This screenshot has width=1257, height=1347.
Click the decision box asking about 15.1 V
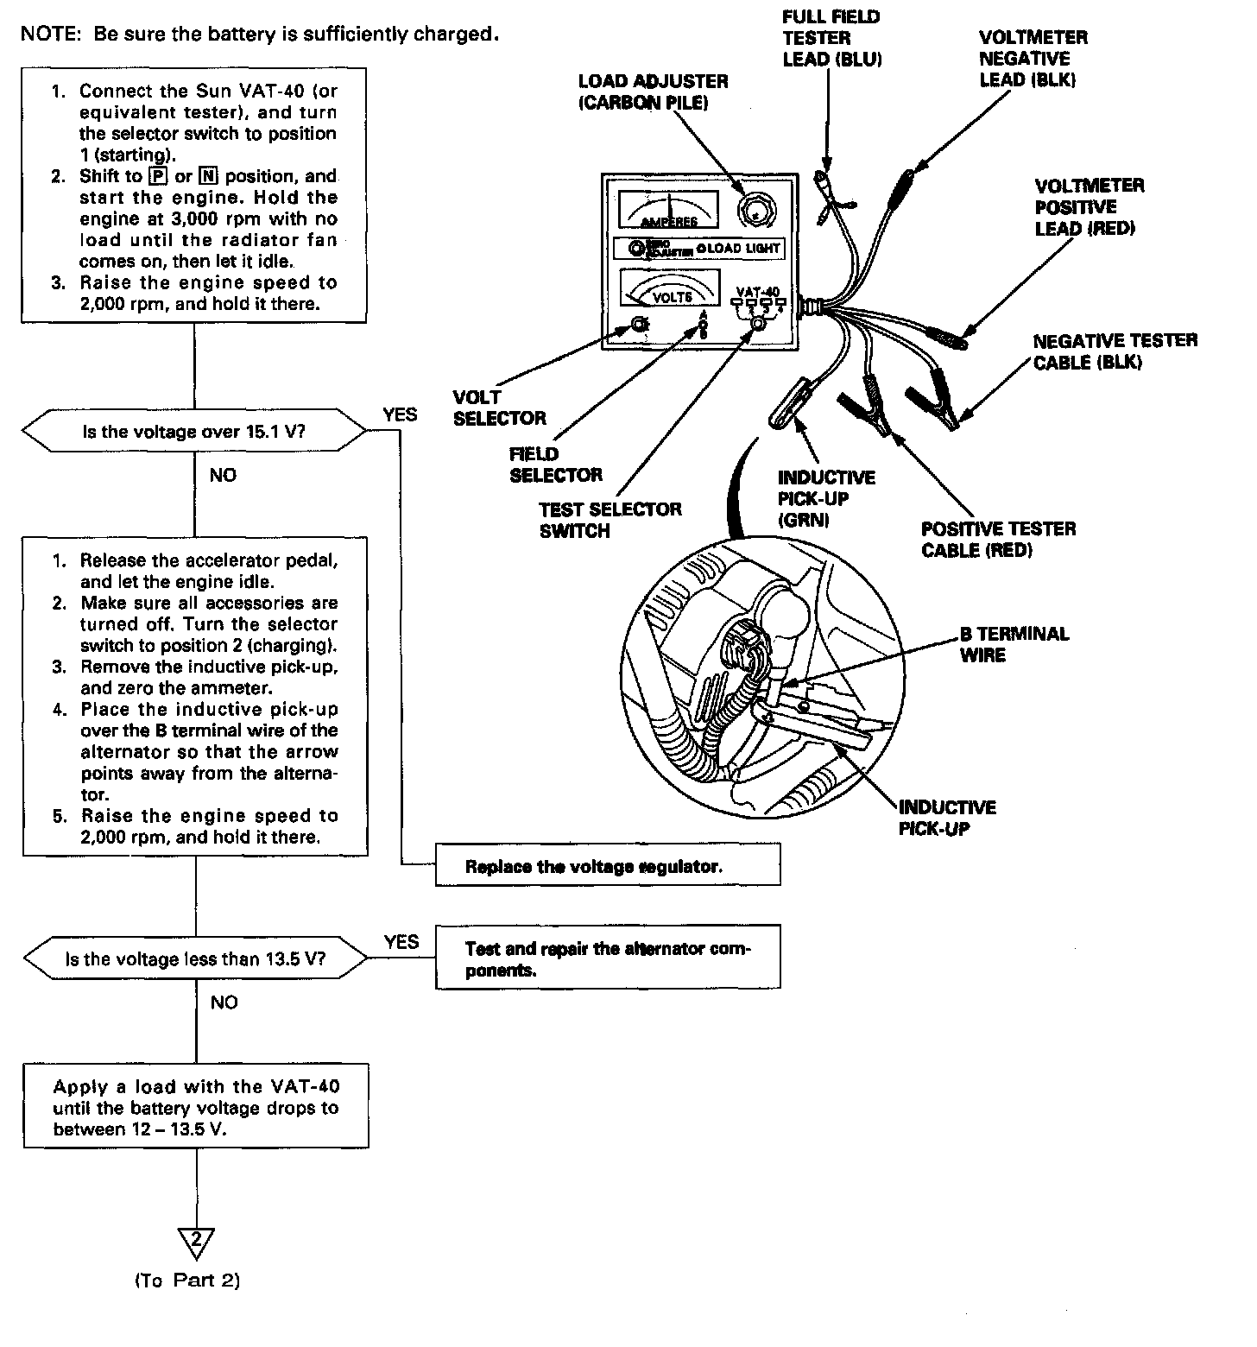tap(195, 431)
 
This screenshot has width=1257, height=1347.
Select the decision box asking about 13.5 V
tap(195, 958)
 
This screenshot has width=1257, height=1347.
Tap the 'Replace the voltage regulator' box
tap(607, 866)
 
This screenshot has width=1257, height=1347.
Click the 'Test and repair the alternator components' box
tap(607, 958)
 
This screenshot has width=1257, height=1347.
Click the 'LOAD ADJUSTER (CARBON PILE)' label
tap(653, 92)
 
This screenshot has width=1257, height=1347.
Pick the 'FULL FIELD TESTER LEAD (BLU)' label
tap(831, 38)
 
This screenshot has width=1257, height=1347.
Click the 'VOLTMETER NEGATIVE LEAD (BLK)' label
tap(1033, 59)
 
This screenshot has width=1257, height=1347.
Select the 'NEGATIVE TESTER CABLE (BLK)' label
tap(1115, 351)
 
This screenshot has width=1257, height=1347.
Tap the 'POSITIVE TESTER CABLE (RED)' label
tap(998, 539)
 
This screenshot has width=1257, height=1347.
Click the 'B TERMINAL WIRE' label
tap(1014, 644)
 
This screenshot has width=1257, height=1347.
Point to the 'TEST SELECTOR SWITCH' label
tap(610, 520)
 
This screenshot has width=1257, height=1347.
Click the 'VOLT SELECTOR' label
tap(499, 408)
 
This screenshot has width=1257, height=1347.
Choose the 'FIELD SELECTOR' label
tap(555, 464)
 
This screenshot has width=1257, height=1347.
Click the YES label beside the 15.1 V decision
tap(400, 414)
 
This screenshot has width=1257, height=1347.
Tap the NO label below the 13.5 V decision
tap(224, 1002)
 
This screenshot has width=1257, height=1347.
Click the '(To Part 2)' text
tap(187, 1281)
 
